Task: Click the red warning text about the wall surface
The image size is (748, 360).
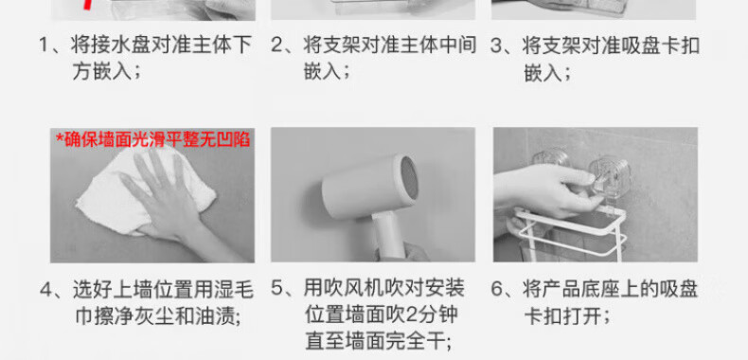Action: click(153, 139)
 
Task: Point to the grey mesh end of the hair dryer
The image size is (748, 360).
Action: click(408, 183)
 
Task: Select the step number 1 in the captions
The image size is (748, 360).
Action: click(45, 45)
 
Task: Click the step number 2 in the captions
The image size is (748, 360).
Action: click(277, 45)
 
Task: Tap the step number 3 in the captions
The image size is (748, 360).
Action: click(497, 46)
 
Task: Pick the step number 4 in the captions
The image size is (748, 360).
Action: click(45, 290)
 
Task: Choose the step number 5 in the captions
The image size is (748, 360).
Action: click(277, 288)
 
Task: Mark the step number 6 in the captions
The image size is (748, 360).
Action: click(497, 289)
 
